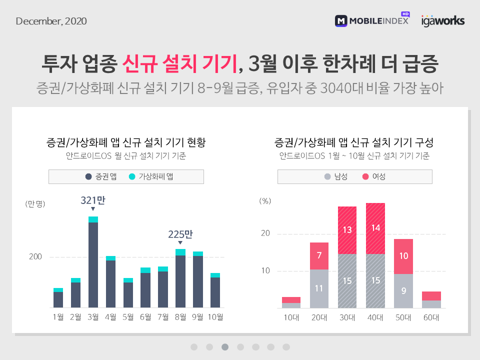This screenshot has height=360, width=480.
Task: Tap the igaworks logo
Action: pyautogui.click(x=442, y=20)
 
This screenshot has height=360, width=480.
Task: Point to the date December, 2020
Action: pyautogui.click(x=51, y=21)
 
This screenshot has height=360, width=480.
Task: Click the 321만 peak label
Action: pyautogui.click(x=93, y=200)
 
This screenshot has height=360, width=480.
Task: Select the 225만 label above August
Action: pyautogui.click(x=180, y=234)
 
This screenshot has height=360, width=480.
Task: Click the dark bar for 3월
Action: pyautogui.click(x=93, y=264)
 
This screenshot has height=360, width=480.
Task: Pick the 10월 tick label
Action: pyautogui.click(x=215, y=317)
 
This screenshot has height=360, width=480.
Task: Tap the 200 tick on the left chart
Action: pyautogui.click(x=35, y=257)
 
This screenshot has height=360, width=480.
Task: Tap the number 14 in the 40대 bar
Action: pyautogui.click(x=375, y=227)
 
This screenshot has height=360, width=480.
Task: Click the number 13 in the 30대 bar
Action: pyautogui.click(x=347, y=230)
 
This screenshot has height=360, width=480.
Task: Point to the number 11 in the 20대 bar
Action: pyautogui.click(x=318, y=288)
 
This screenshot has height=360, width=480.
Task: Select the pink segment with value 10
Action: pyautogui.click(x=404, y=256)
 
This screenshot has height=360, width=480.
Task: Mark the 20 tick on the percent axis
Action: pyautogui.click(x=265, y=233)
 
